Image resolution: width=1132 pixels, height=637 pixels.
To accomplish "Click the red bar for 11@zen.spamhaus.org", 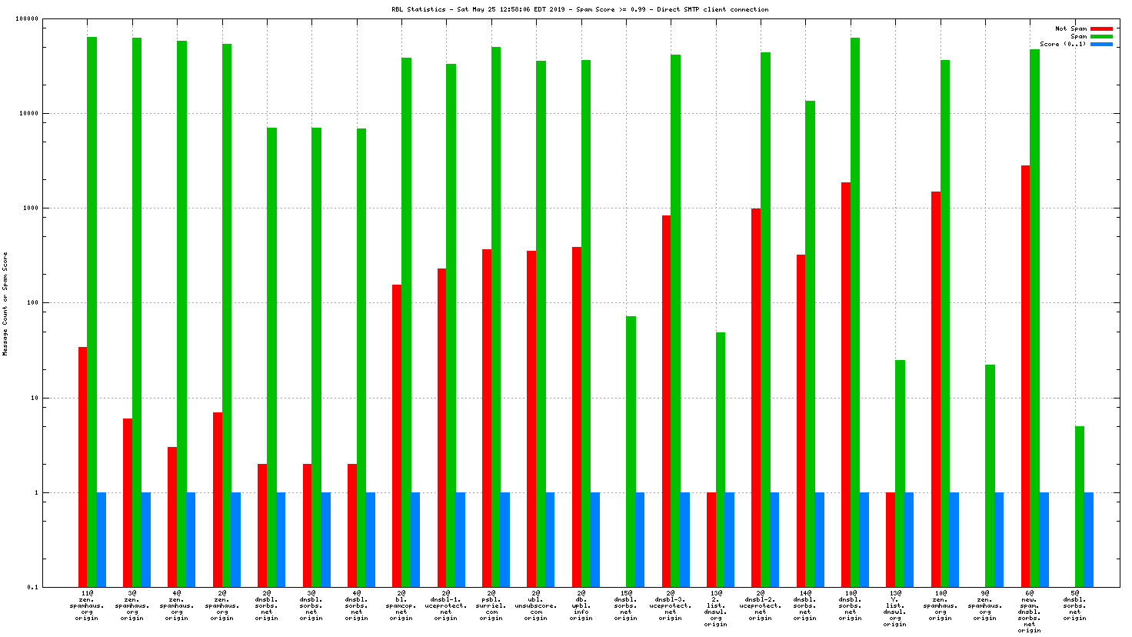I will coord(82,466).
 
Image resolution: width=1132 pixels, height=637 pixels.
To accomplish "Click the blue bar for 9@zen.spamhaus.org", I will coord(999,539).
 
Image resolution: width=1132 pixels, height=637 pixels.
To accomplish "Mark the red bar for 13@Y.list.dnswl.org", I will coord(891,539).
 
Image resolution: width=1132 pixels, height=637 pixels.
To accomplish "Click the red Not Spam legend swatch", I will coord(1101,28).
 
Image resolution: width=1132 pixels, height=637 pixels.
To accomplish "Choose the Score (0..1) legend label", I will coord(1063,44).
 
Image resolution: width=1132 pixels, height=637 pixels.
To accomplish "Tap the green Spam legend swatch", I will coord(1101,36).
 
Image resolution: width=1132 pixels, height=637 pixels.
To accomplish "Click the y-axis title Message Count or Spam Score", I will coord(5,303).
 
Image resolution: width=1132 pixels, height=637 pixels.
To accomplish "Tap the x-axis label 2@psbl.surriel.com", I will coord(491,605).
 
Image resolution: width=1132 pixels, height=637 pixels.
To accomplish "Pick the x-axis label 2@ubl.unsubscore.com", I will coord(536,605).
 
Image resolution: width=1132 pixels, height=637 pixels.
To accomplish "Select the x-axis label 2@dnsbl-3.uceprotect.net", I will coord(671,605).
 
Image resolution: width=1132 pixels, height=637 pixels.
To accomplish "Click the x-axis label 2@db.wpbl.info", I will coord(581,605).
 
